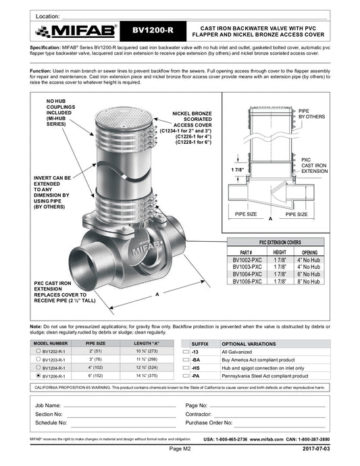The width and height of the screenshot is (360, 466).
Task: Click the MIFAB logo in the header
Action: click(x=76, y=31)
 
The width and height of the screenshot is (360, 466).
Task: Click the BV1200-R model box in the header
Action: click(x=153, y=30)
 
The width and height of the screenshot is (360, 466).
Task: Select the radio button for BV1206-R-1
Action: click(x=38, y=376)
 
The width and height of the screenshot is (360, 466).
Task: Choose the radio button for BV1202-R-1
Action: click(x=38, y=351)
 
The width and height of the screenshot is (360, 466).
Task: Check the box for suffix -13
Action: click(x=186, y=352)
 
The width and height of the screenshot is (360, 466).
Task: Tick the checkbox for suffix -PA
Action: click(x=186, y=376)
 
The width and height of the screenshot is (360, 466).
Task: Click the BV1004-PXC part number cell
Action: click(x=247, y=274)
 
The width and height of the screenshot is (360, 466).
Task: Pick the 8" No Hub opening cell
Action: click(x=309, y=281)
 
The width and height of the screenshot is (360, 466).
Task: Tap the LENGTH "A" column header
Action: click(x=147, y=343)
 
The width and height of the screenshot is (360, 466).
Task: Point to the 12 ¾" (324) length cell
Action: click(x=147, y=367)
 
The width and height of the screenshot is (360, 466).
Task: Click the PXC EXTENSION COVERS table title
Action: click(x=280, y=242)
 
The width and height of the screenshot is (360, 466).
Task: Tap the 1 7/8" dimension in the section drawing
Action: click(x=238, y=170)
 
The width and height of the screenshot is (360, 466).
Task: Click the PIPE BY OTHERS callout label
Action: click(x=311, y=114)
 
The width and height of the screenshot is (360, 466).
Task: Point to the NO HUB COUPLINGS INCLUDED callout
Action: click(x=61, y=113)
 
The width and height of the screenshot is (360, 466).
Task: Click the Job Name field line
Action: click(x=120, y=407)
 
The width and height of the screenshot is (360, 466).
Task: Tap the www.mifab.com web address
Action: click(x=266, y=439)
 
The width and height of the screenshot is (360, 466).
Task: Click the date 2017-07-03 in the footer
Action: click(x=316, y=448)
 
